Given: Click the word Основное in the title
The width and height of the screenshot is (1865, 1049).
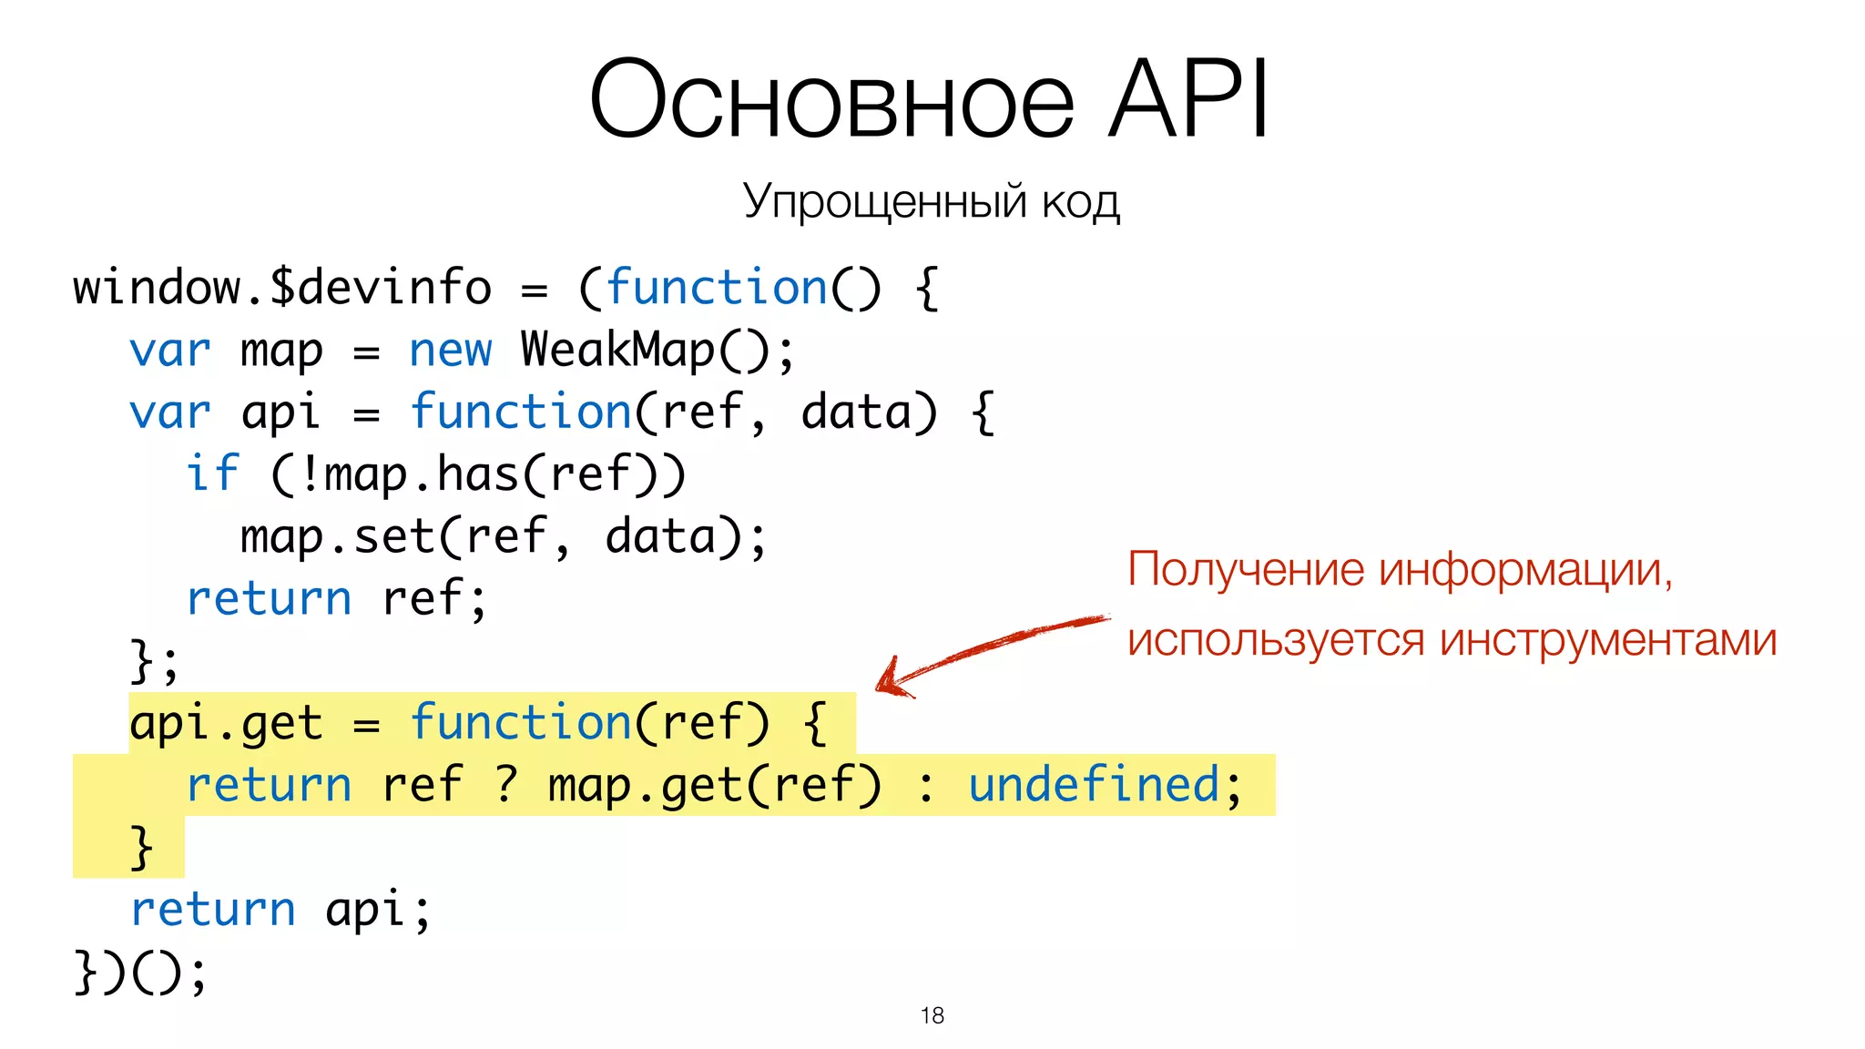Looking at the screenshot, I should [831, 98].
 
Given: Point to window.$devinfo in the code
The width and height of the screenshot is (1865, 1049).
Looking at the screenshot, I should [282, 288].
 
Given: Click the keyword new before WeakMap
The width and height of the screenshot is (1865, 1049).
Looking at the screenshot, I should [450, 351].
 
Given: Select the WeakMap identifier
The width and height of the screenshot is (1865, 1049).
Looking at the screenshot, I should [618, 351].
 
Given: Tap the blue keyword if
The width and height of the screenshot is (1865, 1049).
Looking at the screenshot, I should [212, 474].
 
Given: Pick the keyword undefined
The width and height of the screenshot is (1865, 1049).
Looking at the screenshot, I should [1093, 785].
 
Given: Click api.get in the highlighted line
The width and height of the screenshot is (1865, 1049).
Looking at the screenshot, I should [226, 724].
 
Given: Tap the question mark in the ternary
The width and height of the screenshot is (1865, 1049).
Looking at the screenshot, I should [506, 785].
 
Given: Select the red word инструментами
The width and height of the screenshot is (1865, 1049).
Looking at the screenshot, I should [1608, 639].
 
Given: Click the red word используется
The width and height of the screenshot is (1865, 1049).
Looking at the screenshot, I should [1275, 639].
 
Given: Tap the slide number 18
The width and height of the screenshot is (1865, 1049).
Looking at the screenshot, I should [932, 1015].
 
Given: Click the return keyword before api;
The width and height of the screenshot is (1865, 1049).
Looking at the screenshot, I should [212, 910].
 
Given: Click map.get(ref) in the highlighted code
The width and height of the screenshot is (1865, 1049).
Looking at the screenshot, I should [714, 785].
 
